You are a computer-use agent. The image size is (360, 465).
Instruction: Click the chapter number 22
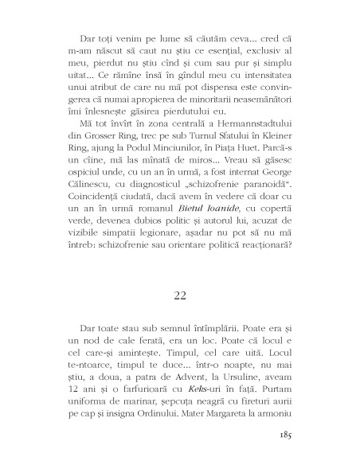pyautogui.click(x=179, y=272)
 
